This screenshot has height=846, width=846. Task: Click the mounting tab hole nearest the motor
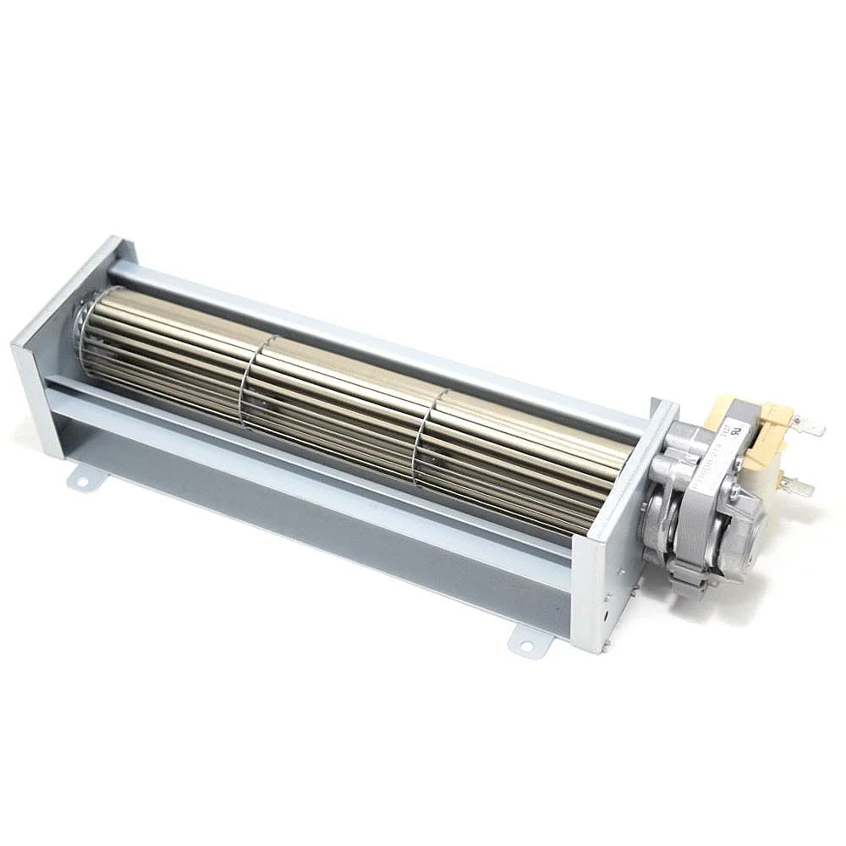(x=526, y=645)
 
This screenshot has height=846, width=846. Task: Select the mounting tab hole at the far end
(x=82, y=481)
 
